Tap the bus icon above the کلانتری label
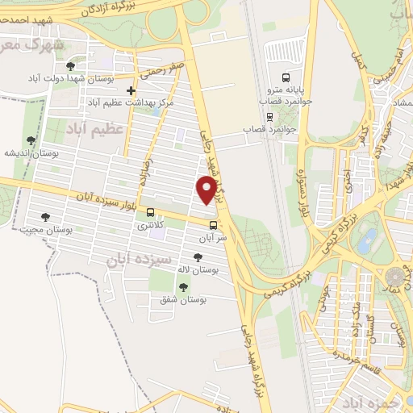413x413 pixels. pos(151,213)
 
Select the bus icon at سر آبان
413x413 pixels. pos(213,226)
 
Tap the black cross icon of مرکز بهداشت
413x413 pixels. pos(131,90)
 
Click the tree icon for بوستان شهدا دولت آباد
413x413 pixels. pos(71,65)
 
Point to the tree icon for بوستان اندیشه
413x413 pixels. pos(31,140)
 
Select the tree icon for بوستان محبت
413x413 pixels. pos(44,217)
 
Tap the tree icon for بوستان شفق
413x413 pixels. pos(183,287)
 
